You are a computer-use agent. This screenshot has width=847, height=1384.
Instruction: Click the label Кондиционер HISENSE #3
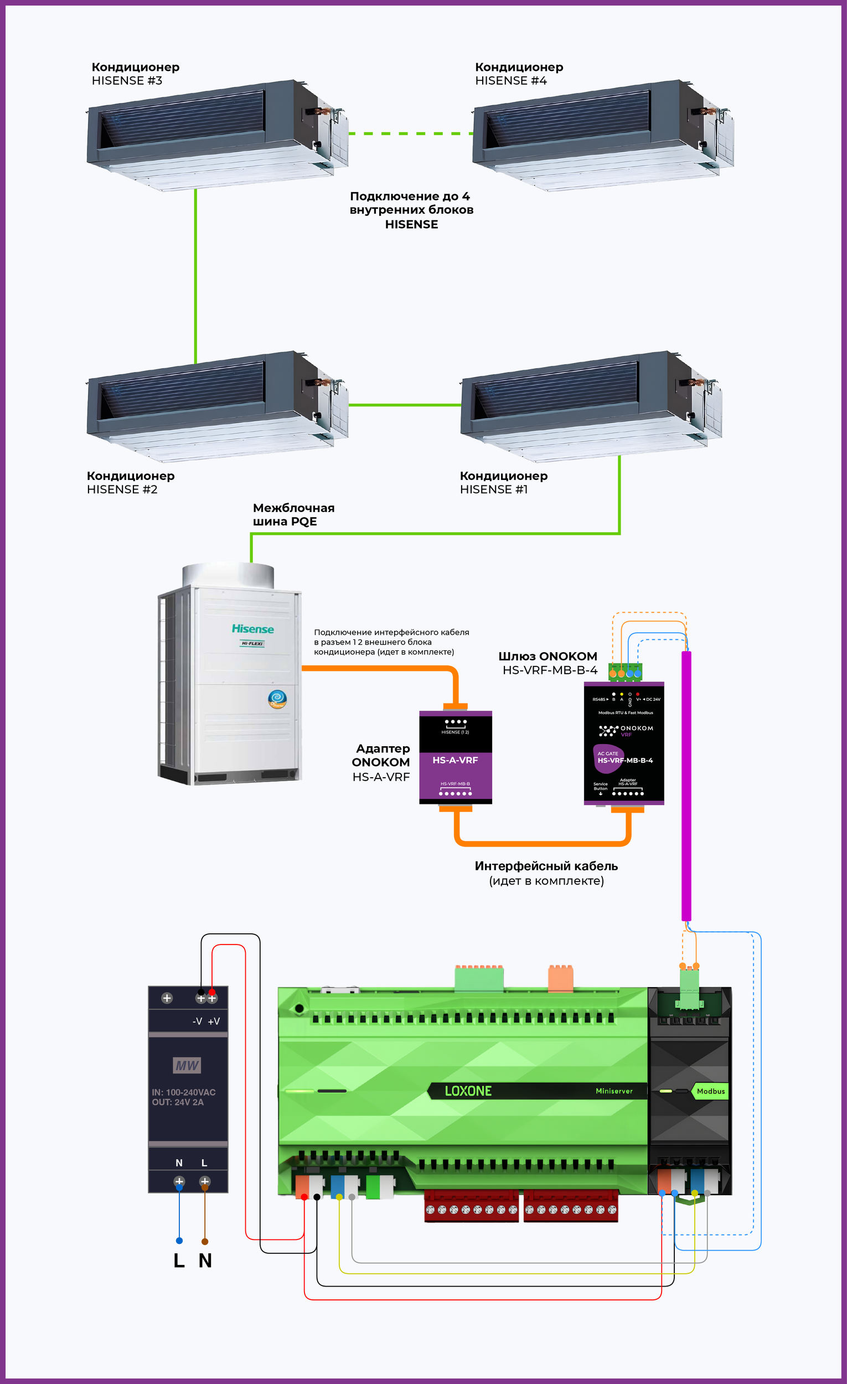(136, 74)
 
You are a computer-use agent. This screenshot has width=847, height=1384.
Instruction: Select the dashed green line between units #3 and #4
(410, 133)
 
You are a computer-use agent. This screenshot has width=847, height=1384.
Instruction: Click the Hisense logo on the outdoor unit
(253, 629)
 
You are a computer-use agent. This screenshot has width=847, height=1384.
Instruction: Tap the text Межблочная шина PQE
(293, 514)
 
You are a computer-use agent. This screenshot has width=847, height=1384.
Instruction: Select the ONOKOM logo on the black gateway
(625, 730)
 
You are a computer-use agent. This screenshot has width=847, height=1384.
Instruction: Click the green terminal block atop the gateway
(624, 671)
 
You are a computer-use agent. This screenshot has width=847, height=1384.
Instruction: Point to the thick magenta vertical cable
(686, 786)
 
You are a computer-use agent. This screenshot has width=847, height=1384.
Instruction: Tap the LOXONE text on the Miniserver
(468, 1091)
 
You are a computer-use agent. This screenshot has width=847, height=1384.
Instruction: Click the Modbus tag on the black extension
(710, 1091)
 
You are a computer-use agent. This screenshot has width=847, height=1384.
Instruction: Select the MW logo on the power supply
(187, 1065)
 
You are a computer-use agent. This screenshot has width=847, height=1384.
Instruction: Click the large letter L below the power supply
(179, 1261)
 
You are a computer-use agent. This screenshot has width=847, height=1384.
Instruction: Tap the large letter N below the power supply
(205, 1261)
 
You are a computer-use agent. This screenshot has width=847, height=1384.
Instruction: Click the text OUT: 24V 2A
(178, 1102)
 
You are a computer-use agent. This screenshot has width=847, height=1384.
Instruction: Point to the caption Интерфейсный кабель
(546, 866)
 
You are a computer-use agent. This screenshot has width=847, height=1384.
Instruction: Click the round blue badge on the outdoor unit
(277, 699)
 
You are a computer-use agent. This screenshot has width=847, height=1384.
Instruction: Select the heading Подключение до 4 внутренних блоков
(411, 209)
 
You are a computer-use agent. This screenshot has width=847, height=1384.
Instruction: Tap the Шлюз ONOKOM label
(548, 656)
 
